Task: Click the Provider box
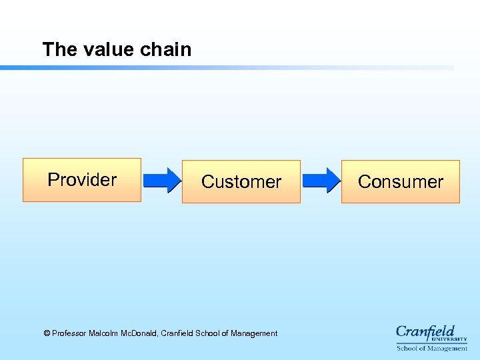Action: (82, 180)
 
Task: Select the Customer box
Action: (241, 181)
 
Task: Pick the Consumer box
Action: (400, 181)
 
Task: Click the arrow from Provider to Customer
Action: (162, 181)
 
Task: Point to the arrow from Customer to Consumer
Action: (321, 181)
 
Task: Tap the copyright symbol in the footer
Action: (47, 333)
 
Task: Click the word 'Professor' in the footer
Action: (69, 333)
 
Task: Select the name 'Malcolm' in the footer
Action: (104, 333)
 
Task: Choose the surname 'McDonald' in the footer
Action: (140, 333)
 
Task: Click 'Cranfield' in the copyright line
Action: (178, 333)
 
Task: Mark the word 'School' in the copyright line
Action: (209, 333)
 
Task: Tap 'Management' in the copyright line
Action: (254, 333)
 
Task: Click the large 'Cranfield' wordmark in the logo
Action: (425, 331)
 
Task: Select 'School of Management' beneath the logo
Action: (432, 348)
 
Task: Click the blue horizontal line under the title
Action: (227, 67)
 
